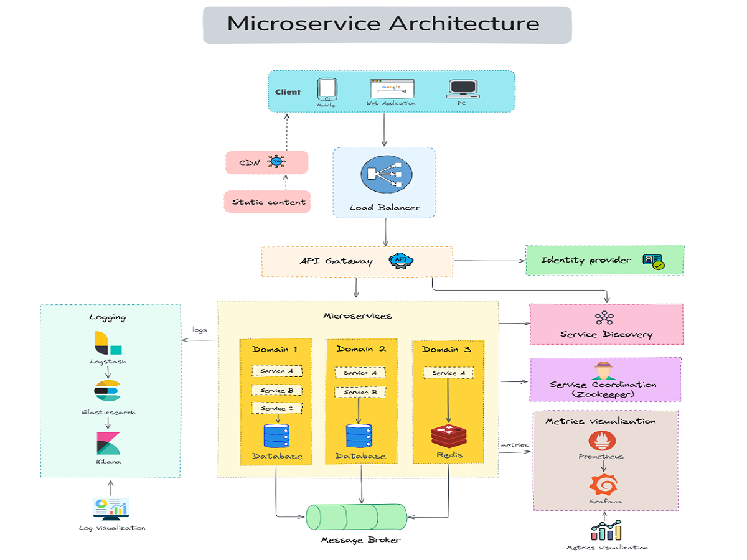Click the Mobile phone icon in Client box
(x=327, y=89)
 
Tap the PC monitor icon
(x=463, y=90)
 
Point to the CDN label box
(x=266, y=162)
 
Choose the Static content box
(x=268, y=202)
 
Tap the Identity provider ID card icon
(x=653, y=261)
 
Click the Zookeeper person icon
(x=603, y=371)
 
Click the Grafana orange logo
(x=603, y=484)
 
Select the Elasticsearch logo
(x=107, y=391)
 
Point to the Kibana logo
(x=108, y=442)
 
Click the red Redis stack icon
(x=448, y=436)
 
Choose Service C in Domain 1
(x=276, y=409)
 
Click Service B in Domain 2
(x=360, y=393)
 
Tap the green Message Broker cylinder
(x=356, y=517)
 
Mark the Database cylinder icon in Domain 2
(x=359, y=436)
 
